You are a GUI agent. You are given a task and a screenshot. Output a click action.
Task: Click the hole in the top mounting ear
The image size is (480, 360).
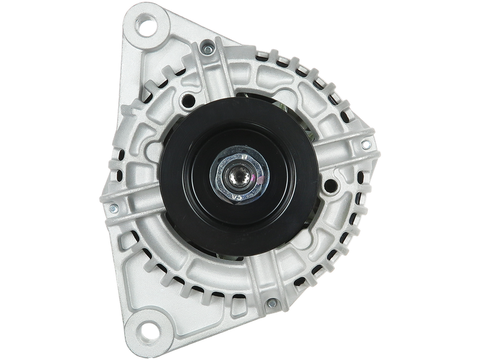pos(146,27)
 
